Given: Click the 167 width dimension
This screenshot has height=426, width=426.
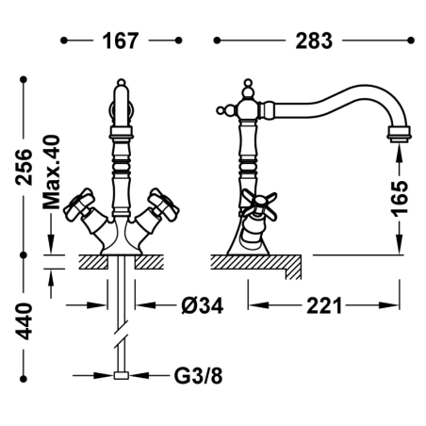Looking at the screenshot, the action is coord(121,41).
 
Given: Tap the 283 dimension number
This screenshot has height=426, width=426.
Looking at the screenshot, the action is coord(314,41).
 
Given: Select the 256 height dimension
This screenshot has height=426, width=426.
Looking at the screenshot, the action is coord(25,167).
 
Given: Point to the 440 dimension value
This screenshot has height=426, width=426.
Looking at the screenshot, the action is coord(25,321).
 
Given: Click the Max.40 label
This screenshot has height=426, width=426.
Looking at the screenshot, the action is coord(51,172).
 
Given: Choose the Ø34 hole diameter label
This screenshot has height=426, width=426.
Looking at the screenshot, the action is coord(203,305).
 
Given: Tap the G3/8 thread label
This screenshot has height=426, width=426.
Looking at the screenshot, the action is coord(198,375).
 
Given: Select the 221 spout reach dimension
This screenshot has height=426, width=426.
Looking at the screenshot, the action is coord(324,305).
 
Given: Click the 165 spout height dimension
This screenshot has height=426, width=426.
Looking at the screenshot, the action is coord(400,198).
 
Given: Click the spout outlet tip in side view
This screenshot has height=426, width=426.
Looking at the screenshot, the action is coord(399,133).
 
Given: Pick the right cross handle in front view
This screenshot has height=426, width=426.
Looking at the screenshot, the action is coord(163,205).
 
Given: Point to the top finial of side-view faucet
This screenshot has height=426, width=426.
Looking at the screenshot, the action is coord(248,88).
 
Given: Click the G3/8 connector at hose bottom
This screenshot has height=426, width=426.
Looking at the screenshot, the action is coord(122,375).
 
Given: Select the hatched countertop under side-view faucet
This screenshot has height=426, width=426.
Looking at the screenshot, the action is coord(256,267).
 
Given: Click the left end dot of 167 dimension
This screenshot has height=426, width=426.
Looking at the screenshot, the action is coord(64,41).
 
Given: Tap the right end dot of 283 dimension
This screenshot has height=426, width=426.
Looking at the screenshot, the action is coord(411,41).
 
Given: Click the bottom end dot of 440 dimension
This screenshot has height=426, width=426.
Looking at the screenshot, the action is coord(24,379).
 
